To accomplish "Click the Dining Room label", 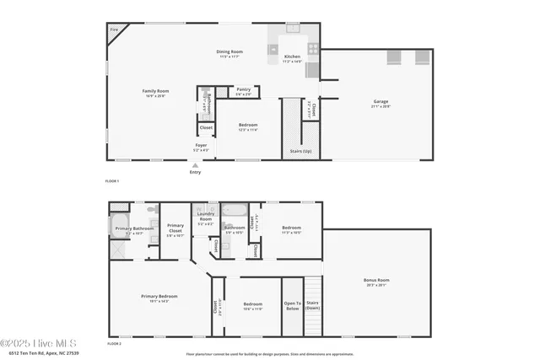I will (230, 52).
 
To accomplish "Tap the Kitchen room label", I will (292, 57).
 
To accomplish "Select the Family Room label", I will (155, 91).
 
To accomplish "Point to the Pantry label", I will (243, 89).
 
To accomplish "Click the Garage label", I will (381, 102).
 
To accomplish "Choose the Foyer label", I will (201, 145).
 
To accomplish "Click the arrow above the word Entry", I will (196, 165).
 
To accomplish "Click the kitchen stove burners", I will (313, 49).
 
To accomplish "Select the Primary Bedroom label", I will (158, 296).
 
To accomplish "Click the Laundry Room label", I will (204, 218).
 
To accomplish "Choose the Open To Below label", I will (292, 305).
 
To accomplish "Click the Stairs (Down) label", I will (312, 305).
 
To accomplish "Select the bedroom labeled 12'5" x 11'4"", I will (247, 126).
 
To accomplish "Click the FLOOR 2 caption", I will (114, 344).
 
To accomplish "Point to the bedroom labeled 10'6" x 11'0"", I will (253, 304).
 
